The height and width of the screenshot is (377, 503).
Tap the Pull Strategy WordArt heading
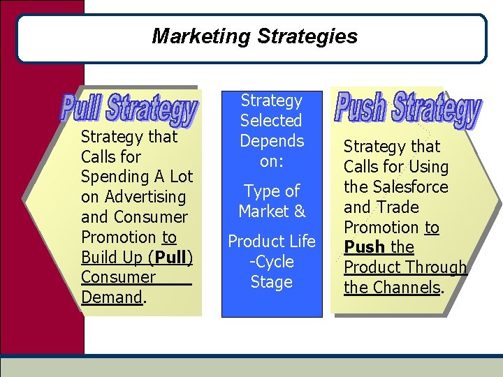[x=129, y=108]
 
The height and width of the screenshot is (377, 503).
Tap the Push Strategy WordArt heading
[x=408, y=109]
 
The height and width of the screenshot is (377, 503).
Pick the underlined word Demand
[x=112, y=297]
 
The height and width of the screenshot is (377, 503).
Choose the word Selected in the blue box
[x=271, y=121]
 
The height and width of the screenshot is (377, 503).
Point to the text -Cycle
[x=271, y=262]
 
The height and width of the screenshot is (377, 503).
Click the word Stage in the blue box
[x=271, y=282]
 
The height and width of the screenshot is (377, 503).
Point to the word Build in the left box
[x=99, y=258]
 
